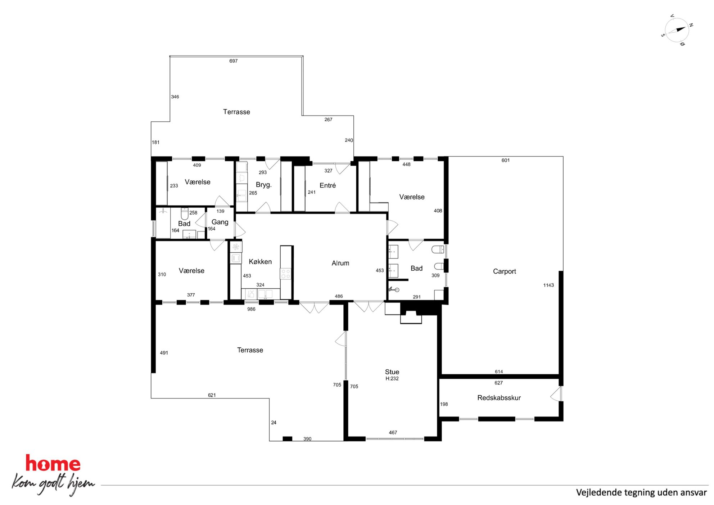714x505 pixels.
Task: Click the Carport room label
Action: [x=504, y=271]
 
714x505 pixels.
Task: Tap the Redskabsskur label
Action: [x=499, y=398]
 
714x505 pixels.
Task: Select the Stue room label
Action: [x=392, y=372]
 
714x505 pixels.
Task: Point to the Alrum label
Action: [x=340, y=263]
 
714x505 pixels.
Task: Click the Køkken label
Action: [x=260, y=262]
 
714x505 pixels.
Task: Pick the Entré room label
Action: [x=327, y=185]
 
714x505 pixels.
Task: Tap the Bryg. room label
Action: [x=263, y=185]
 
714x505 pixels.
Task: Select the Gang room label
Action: [x=220, y=222]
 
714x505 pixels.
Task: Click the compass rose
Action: [x=677, y=30]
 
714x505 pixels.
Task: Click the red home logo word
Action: [x=53, y=463]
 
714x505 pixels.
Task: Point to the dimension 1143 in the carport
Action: [x=548, y=285]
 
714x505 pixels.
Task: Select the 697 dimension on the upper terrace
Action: [x=234, y=61]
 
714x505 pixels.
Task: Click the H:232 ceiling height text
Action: [x=392, y=379]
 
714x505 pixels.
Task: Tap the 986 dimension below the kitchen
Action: [x=251, y=309]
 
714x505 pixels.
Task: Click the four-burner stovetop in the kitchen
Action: [x=286, y=274]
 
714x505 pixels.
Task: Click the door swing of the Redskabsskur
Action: [x=556, y=394]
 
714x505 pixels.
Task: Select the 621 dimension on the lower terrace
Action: [x=212, y=395]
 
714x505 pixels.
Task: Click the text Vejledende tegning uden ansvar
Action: [x=641, y=492]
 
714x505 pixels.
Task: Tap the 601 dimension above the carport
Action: [x=506, y=160]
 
